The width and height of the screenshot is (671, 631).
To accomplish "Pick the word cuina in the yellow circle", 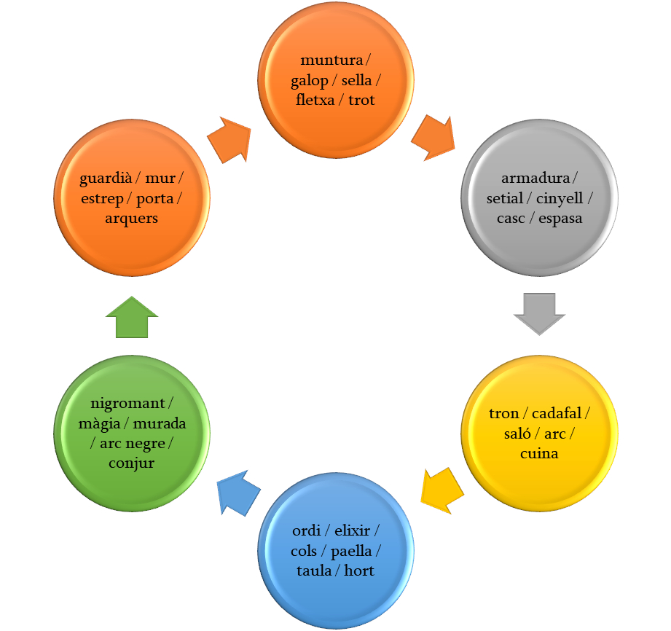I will [x=539, y=453].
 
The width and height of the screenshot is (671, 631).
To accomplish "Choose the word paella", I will [x=351, y=551].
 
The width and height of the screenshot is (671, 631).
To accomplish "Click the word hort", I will [x=359, y=571].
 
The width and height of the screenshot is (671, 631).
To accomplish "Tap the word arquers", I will [x=132, y=218].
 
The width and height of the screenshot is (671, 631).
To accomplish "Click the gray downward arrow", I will [x=539, y=313].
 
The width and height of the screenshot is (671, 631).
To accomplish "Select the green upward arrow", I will [x=132, y=318].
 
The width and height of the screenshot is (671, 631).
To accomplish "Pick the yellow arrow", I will [x=442, y=489].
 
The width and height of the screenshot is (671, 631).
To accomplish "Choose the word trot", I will [x=361, y=100].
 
